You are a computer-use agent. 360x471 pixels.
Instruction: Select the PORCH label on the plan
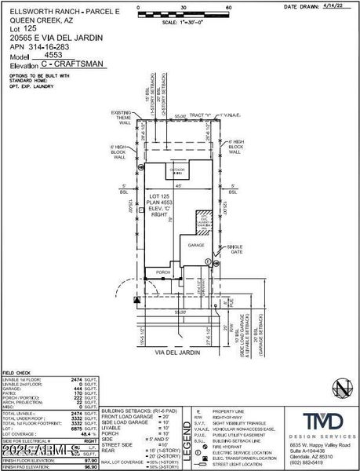[163, 272]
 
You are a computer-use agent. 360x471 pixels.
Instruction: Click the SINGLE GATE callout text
[234, 249]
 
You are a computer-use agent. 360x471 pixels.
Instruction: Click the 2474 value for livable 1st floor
[77, 378]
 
